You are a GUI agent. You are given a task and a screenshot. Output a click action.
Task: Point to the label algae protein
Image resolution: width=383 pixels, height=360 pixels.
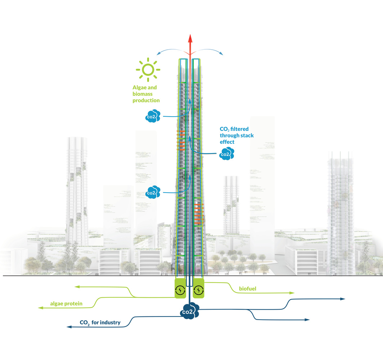(x=66, y=303)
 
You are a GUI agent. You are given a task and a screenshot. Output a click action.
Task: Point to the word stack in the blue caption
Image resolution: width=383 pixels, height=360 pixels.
(x=247, y=135)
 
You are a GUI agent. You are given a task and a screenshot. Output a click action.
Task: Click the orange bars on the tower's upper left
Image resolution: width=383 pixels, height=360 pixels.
(x=181, y=140)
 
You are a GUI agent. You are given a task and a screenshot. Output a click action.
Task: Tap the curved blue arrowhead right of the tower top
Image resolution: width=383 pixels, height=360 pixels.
(x=221, y=54)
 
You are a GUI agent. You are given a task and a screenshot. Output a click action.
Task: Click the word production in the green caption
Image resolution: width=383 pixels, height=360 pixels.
(x=146, y=100)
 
